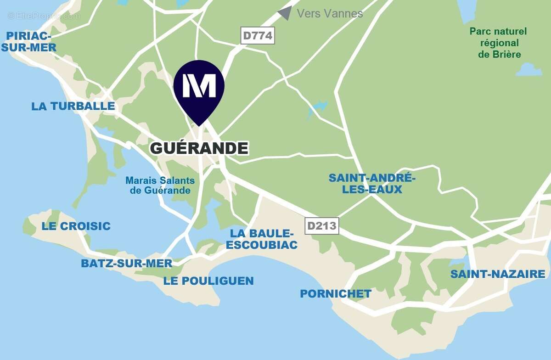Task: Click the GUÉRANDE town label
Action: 199,148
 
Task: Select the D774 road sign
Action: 258,35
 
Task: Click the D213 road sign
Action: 322,225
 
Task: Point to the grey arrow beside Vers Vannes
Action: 285,13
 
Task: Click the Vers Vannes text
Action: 330,13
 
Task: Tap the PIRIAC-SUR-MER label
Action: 31,41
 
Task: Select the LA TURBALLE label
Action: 73,106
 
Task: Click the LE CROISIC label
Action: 76,226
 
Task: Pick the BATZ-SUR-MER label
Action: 126,263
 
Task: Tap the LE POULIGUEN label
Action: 208,281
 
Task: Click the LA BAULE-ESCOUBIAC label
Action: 261,239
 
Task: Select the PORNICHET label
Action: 336,293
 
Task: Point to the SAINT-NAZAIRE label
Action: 498,274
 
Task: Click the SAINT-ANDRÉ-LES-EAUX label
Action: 372,183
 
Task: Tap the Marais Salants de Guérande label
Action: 160,185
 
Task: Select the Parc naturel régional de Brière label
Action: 498,43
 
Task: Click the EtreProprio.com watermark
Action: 44,16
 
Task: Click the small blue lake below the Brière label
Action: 529,70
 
